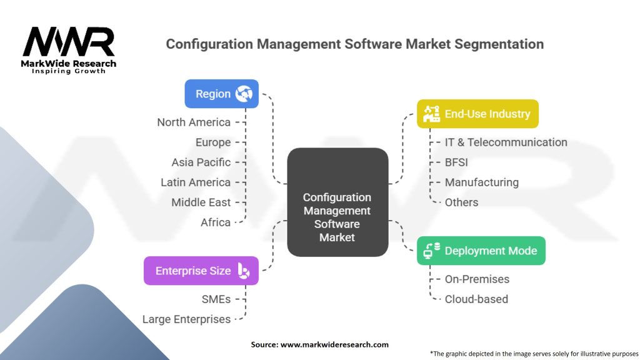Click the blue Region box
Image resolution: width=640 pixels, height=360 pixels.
click(x=221, y=94)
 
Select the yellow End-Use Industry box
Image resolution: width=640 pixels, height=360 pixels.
click(x=477, y=114)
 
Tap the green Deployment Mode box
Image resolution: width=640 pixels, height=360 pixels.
click(x=481, y=251)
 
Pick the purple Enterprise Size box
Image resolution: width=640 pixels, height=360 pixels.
click(x=201, y=271)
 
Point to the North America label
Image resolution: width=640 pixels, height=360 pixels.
click(x=194, y=122)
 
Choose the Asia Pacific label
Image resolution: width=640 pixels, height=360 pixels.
click(x=201, y=162)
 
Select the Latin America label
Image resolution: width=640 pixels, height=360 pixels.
click(x=196, y=182)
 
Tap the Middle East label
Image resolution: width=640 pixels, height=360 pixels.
click(x=201, y=202)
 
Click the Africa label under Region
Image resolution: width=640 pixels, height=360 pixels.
click(x=216, y=222)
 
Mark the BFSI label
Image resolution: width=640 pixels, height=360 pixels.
click(x=456, y=162)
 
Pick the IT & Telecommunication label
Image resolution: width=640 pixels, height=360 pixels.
click(x=506, y=142)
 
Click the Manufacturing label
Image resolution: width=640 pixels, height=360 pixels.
click(x=481, y=182)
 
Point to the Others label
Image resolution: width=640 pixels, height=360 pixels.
click(x=461, y=202)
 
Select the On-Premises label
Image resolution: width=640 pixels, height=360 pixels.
click(x=477, y=279)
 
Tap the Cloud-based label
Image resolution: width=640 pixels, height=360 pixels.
click(x=476, y=299)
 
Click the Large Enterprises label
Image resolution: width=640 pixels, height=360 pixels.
click(x=186, y=319)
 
